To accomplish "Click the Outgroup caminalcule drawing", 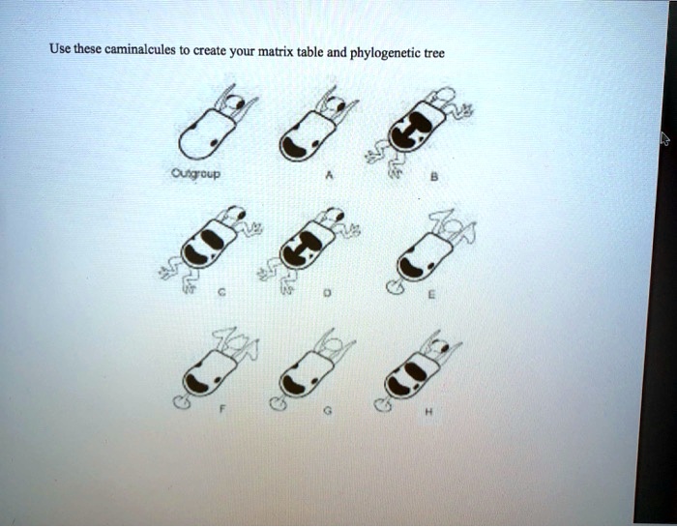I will point(213,125).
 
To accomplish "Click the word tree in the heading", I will point(434,54).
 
